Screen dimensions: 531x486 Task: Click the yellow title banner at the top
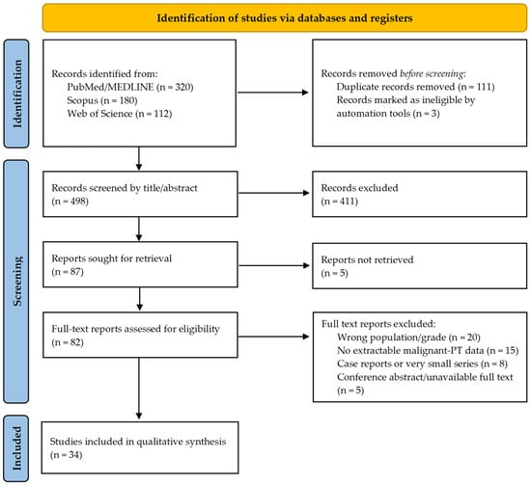[285, 18]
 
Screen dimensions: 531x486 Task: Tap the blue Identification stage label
[16, 94]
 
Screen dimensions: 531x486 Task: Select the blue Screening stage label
[16, 282]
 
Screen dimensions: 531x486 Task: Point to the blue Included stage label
[16, 448]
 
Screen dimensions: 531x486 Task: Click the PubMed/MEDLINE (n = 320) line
[130, 87]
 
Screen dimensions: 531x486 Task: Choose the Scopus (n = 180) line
[102, 100]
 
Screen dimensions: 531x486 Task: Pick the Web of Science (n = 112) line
[120, 114]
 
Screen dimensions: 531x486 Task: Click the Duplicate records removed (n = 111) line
[415, 87]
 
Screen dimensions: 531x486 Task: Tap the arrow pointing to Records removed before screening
[273, 93]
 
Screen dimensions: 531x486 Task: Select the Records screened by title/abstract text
[125, 188]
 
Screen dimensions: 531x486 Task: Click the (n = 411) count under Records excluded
[339, 202]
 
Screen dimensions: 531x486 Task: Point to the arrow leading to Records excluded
[273, 193]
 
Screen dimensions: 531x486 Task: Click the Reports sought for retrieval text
[111, 258]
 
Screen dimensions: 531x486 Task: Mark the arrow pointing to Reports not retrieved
[273, 265]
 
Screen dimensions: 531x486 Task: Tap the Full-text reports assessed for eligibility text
[135, 329]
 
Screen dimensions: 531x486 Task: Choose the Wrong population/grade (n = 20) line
[408, 337]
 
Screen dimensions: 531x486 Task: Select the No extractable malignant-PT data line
[428, 350]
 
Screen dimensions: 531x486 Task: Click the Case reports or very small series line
[422, 364]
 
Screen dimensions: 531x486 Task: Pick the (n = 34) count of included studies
[67, 455]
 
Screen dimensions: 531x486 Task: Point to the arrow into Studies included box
[139, 389]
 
